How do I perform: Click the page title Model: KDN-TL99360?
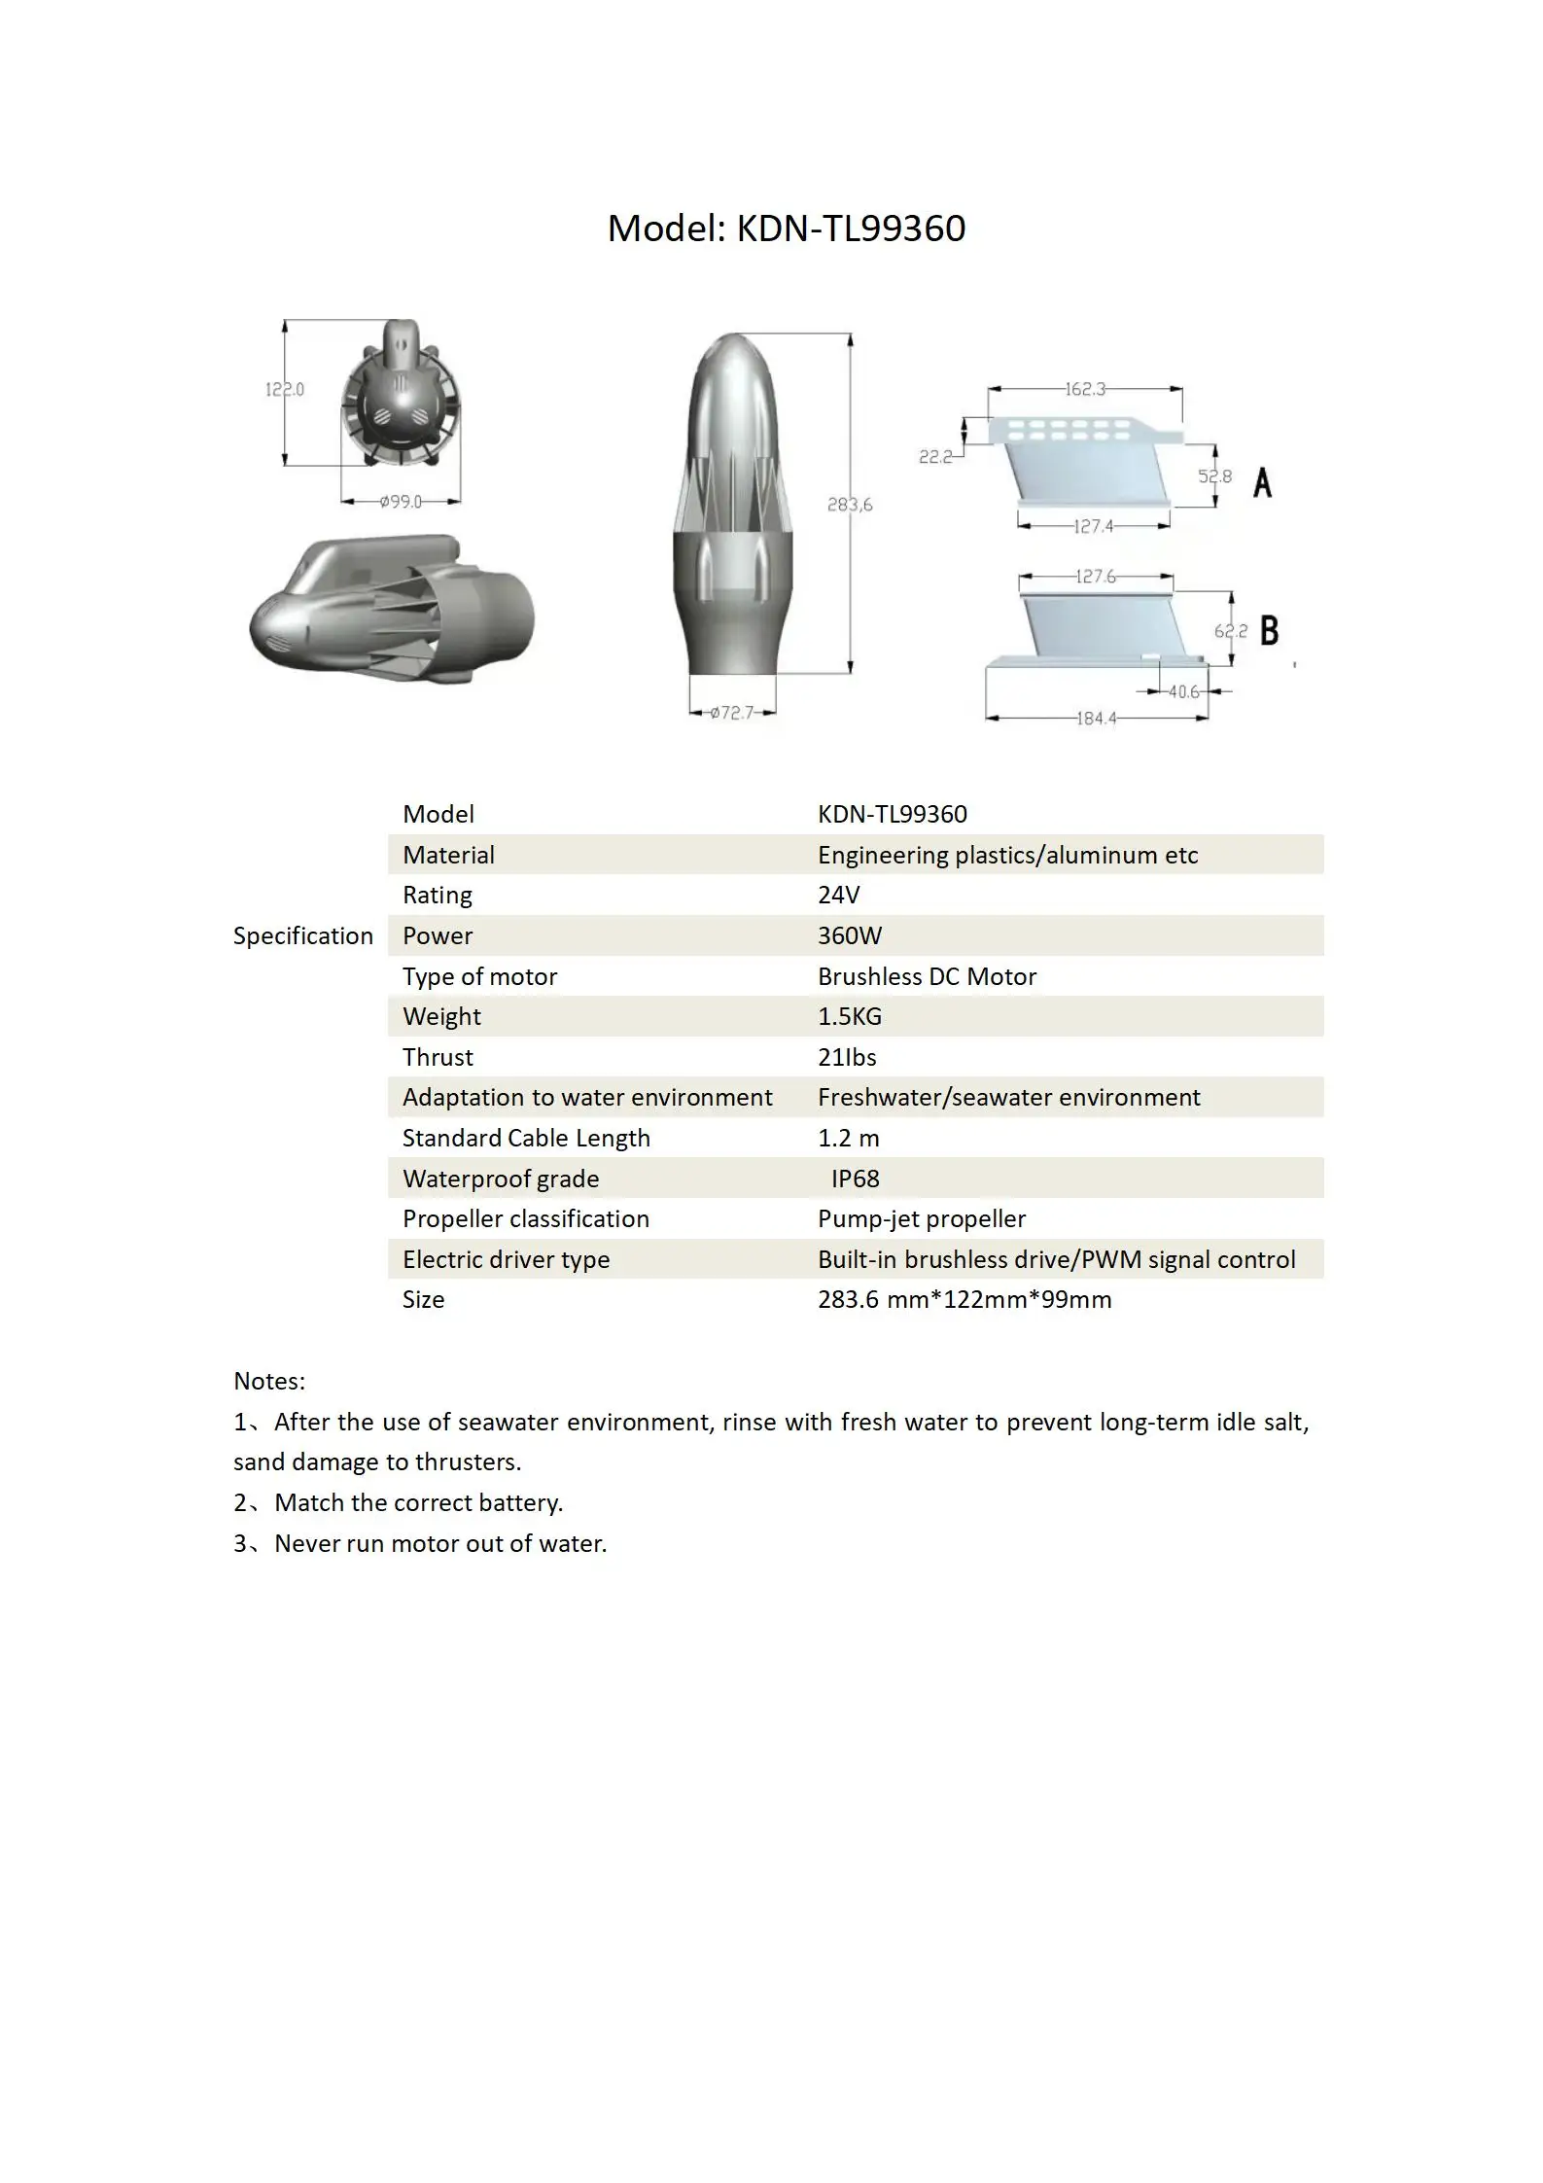[786, 229]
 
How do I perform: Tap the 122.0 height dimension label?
[284, 389]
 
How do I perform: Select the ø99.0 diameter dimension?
[401, 502]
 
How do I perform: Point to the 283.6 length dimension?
[849, 504]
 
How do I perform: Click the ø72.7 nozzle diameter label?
[731, 713]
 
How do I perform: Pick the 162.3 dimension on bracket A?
[1084, 389]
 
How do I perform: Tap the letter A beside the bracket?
[1262, 481]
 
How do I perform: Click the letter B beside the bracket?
[1269, 630]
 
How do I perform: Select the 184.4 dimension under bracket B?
[1096, 719]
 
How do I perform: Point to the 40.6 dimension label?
[1183, 691]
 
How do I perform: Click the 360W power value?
[849, 935]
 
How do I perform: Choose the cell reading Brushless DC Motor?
[927, 976]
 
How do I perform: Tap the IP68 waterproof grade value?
[855, 1179]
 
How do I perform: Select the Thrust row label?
[438, 1057]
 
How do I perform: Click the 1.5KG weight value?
[849, 1016]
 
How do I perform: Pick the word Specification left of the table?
[302, 935]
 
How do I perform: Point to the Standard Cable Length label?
[526, 1138]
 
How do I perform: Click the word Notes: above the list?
[269, 1381]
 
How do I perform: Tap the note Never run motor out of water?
[439, 1543]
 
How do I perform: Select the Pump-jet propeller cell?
[921, 1218]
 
